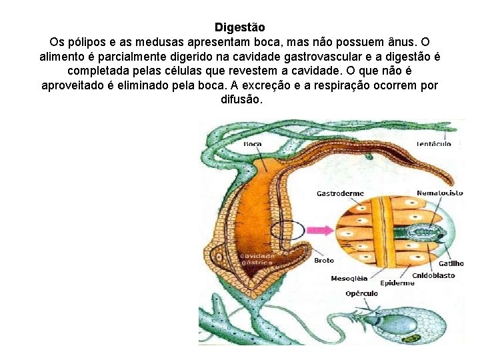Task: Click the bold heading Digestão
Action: pos(239,27)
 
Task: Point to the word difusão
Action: pos(241,99)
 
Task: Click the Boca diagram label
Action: pos(253,143)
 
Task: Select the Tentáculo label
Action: pos(433,143)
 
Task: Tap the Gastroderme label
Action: pos(340,193)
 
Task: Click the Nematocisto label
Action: pos(440,193)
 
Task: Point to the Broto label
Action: pos(324,260)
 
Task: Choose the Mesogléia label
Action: pos(349,279)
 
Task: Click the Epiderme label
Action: pos(398,283)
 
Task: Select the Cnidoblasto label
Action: pos(434,275)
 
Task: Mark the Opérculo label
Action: pos(362,293)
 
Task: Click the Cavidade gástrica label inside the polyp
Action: pos(257,259)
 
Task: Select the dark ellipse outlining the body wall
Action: pos(287,231)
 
